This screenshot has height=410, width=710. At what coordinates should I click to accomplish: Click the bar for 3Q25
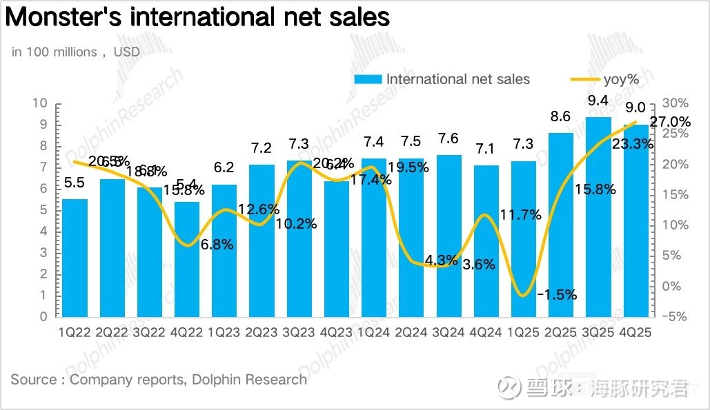(598, 217)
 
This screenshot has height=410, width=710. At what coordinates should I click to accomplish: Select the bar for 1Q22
(75, 258)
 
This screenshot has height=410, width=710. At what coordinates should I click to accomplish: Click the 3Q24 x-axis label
(448, 332)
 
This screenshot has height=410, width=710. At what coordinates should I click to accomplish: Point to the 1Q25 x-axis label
(523, 332)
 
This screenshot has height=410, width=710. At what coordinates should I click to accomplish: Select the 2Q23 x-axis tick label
(261, 332)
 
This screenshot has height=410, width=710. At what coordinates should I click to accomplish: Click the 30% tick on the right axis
(675, 103)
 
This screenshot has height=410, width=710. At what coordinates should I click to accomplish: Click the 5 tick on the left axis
(43, 210)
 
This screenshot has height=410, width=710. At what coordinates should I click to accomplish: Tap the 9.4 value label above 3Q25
(598, 101)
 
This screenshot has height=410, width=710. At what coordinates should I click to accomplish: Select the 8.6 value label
(560, 117)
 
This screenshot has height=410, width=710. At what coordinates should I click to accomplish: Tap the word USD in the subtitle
(126, 52)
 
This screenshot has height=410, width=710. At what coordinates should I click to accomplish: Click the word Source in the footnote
(34, 379)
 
